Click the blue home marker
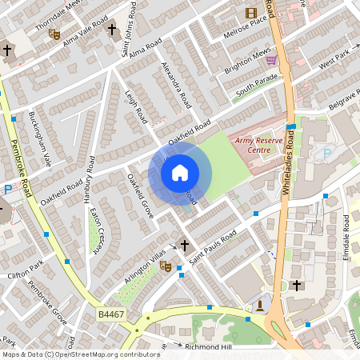coord(180,172)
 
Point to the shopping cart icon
coord(271,60)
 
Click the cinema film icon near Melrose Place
coord(252,13)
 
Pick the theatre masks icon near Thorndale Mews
coord(54,34)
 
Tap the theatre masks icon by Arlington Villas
coord(165,265)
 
